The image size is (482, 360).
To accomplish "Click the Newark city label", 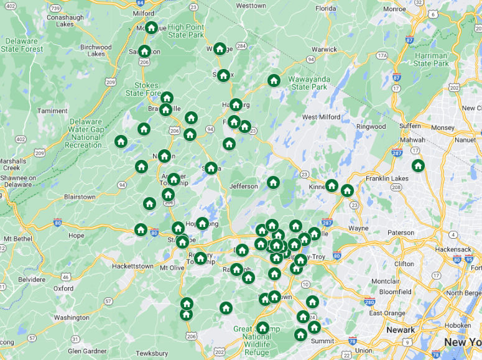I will (x=400, y=330).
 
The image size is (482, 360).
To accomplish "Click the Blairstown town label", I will (x=80, y=197).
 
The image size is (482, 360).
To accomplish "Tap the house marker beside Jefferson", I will (x=273, y=182).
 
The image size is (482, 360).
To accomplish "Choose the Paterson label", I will (x=401, y=233).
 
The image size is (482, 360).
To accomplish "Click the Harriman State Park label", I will (x=431, y=60).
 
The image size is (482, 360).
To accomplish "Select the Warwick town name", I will (x=324, y=49).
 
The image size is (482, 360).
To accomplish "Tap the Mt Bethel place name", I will (x=17, y=239).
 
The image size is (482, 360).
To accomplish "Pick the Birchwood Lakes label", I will (x=96, y=50).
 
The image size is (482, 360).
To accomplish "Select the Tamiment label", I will (x=52, y=111).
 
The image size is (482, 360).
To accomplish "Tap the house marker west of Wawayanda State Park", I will (x=274, y=80).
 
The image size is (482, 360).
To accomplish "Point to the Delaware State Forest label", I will (x=22, y=45).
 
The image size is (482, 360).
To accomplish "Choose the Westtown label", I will (x=251, y=6).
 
